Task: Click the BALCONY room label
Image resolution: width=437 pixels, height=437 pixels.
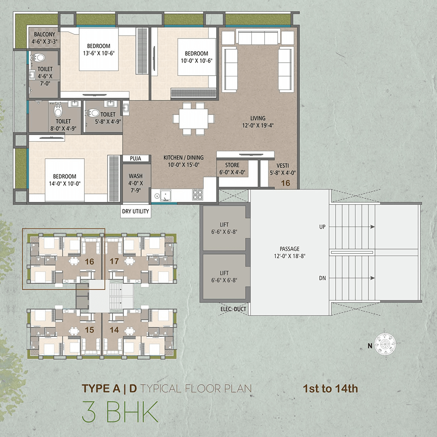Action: pos(45,34)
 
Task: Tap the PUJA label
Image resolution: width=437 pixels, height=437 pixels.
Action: pos(135,159)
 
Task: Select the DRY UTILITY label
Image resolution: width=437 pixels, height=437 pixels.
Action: pos(135,211)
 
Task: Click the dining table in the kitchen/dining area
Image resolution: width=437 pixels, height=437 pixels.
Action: pos(193,119)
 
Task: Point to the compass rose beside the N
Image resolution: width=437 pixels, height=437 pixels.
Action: pos(385,344)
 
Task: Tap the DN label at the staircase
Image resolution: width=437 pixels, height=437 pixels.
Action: pos(323,278)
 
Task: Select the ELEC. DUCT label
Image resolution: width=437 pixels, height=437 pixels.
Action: pos(233,309)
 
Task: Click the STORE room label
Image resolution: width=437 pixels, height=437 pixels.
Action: pos(232,165)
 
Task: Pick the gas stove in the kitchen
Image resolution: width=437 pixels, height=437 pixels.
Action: pos(198,194)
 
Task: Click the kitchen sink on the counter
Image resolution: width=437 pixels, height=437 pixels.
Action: pos(165,195)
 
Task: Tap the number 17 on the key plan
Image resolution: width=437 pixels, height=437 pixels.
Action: pos(114,261)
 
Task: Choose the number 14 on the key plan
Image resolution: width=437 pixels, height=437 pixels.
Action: pos(114,330)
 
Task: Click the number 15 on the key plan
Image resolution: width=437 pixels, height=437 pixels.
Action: pos(89,330)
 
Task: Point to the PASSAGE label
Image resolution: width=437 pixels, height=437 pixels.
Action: pos(290,249)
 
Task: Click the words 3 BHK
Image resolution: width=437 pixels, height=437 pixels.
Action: pos(121,412)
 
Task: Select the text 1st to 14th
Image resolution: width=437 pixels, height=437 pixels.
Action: pos(330,388)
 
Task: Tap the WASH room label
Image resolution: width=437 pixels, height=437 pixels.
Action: pos(135,176)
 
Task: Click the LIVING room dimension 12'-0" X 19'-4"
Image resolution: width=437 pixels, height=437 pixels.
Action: pos(258,125)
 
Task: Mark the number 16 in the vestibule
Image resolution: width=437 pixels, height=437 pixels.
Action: pos(285,183)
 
